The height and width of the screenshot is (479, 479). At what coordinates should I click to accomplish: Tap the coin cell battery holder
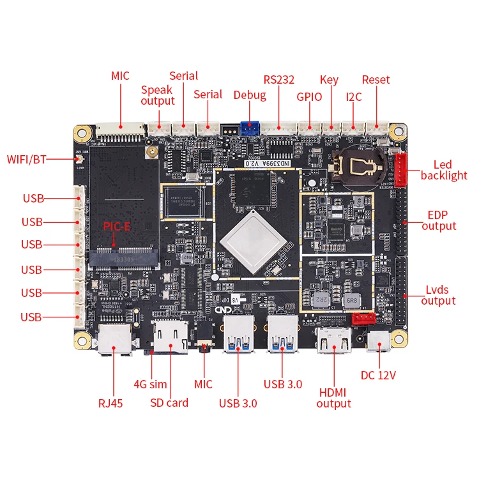(x=358, y=166)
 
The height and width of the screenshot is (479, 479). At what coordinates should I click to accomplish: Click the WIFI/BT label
(x=27, y=159)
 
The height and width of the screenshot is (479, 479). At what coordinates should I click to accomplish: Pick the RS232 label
(x=279, y=80)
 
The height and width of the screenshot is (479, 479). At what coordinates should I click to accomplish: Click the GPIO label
(x=309, y=97)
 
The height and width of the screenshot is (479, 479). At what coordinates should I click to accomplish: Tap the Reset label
(x=376, y=80)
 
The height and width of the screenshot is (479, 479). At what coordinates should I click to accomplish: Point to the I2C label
(x=353, y=97)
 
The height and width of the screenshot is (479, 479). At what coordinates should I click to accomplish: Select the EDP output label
(x=439, y=220)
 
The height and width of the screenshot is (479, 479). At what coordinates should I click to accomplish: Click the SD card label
(x=169, y=402)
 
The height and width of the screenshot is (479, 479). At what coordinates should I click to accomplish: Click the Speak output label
(x=157, y=95)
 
